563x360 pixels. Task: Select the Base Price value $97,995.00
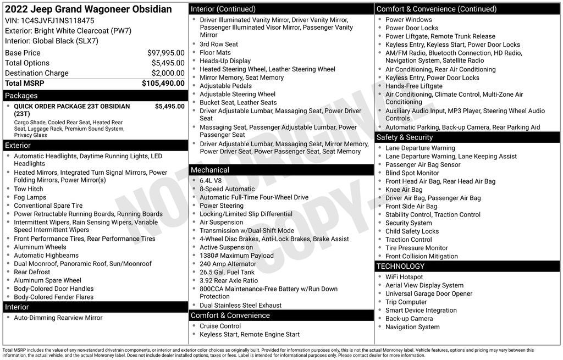point(165,53)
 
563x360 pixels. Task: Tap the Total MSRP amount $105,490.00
point(163,83)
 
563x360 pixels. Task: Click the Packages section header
point(21,96)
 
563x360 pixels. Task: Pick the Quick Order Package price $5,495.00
point(169,106)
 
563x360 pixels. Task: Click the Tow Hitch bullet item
point(29,189)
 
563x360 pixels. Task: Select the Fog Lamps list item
point(30,197)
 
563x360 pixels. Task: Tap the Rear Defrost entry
point(32,272)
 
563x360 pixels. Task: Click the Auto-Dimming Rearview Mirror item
point(58,318)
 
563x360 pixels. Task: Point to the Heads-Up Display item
point(225,61)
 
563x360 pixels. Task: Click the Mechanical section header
point(210,170)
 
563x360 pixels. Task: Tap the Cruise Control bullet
point(220,326)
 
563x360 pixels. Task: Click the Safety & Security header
point(405,137)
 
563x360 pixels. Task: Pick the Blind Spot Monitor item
point(412,173)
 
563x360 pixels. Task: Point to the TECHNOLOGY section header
point(400,267)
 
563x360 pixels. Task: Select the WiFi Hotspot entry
point(404,277)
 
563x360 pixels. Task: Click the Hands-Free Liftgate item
point(413,86)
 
